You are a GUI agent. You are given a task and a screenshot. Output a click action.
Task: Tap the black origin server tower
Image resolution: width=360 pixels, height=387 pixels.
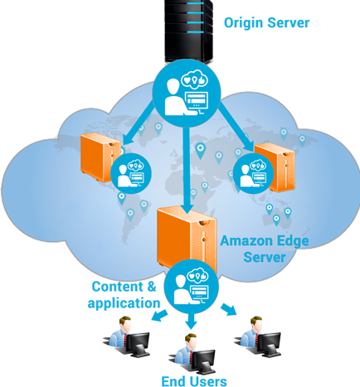point(189,31)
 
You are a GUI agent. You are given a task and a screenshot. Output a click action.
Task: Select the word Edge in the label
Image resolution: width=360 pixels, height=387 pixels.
point(292,241)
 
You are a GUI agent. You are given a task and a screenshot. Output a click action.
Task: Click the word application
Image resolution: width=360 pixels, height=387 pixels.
point(124,303)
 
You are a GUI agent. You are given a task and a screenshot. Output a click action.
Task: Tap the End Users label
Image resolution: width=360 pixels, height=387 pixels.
point(194,381)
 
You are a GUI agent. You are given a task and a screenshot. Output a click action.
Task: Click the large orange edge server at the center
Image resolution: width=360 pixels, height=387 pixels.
point(187,239)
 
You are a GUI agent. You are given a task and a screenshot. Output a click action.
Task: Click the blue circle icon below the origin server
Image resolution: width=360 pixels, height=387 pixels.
point(187,94)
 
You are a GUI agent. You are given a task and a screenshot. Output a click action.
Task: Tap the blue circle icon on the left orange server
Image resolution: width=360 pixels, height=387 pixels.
point(131,173)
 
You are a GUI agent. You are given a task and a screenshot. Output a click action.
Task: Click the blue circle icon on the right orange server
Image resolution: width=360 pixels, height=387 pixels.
point(254,173)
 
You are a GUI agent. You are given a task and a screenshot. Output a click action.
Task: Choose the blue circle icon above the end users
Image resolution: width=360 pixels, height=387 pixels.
point(192,287)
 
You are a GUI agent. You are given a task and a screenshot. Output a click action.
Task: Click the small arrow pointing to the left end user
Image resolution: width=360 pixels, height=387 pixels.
point(159,316)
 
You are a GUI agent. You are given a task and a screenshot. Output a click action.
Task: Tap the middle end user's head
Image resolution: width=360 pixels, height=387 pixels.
point(191,341)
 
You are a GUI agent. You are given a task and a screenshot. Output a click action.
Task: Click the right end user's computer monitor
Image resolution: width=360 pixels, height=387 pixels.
point(268,342)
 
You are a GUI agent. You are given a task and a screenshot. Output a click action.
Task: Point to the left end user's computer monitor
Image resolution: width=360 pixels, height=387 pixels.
point(138,342)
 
